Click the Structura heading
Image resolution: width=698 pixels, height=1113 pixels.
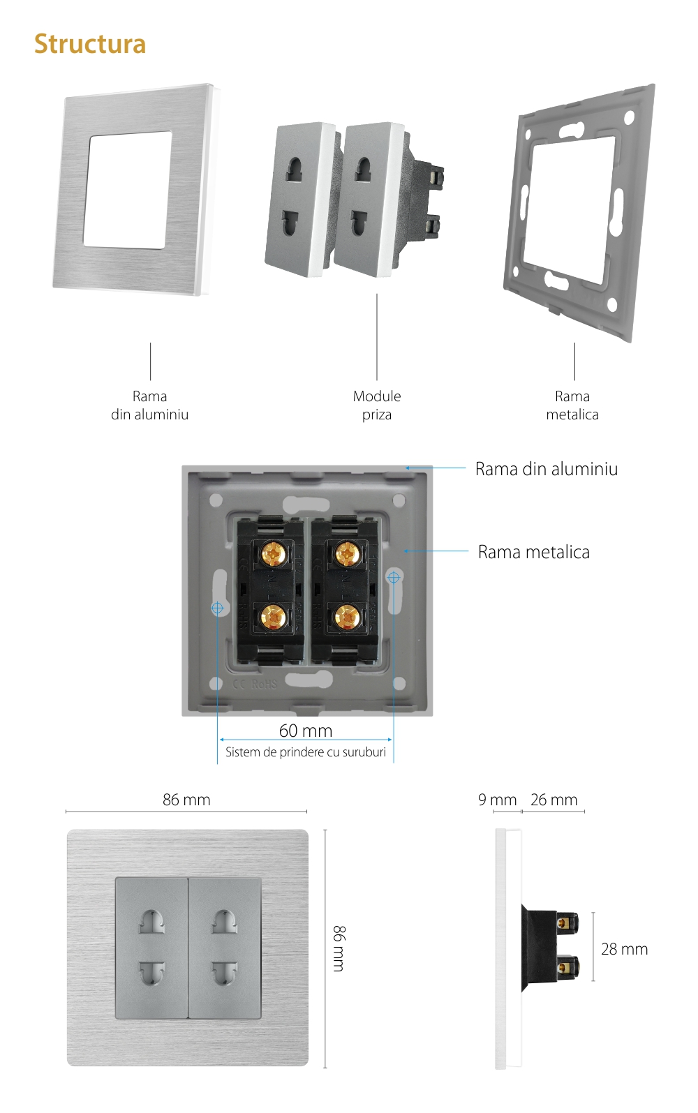click(x=90, y=44)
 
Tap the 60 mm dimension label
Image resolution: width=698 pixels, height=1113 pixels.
click(x=306, y=731)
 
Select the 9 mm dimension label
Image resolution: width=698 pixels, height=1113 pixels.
click(x=497, y=800)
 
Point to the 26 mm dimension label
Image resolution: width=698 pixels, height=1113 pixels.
click(x=554, y=800)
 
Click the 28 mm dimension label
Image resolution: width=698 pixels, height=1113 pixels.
click(x=624, y=949)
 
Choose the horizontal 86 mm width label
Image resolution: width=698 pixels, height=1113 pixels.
click(x=186, y=800)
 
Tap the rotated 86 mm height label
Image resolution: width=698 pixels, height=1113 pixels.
click(x=339, y=948)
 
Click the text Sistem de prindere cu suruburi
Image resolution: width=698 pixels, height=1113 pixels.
click(x=306, y=752)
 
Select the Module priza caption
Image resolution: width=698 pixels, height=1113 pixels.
click(x=377, y=405)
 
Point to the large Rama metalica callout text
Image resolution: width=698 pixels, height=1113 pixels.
click(x=534, y=552)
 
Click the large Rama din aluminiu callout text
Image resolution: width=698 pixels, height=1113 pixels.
click(x=547, y=469)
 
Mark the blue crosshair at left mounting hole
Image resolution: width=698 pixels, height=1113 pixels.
click(x=218, y=608)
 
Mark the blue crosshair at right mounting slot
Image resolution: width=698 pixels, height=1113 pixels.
click(x=394, y=578)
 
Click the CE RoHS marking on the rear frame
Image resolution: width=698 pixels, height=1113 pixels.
click(x=255, y=684)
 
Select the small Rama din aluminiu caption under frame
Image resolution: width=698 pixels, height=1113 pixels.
click(x=150, y=405)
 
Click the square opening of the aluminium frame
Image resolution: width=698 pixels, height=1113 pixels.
click(x=127, y=189)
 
